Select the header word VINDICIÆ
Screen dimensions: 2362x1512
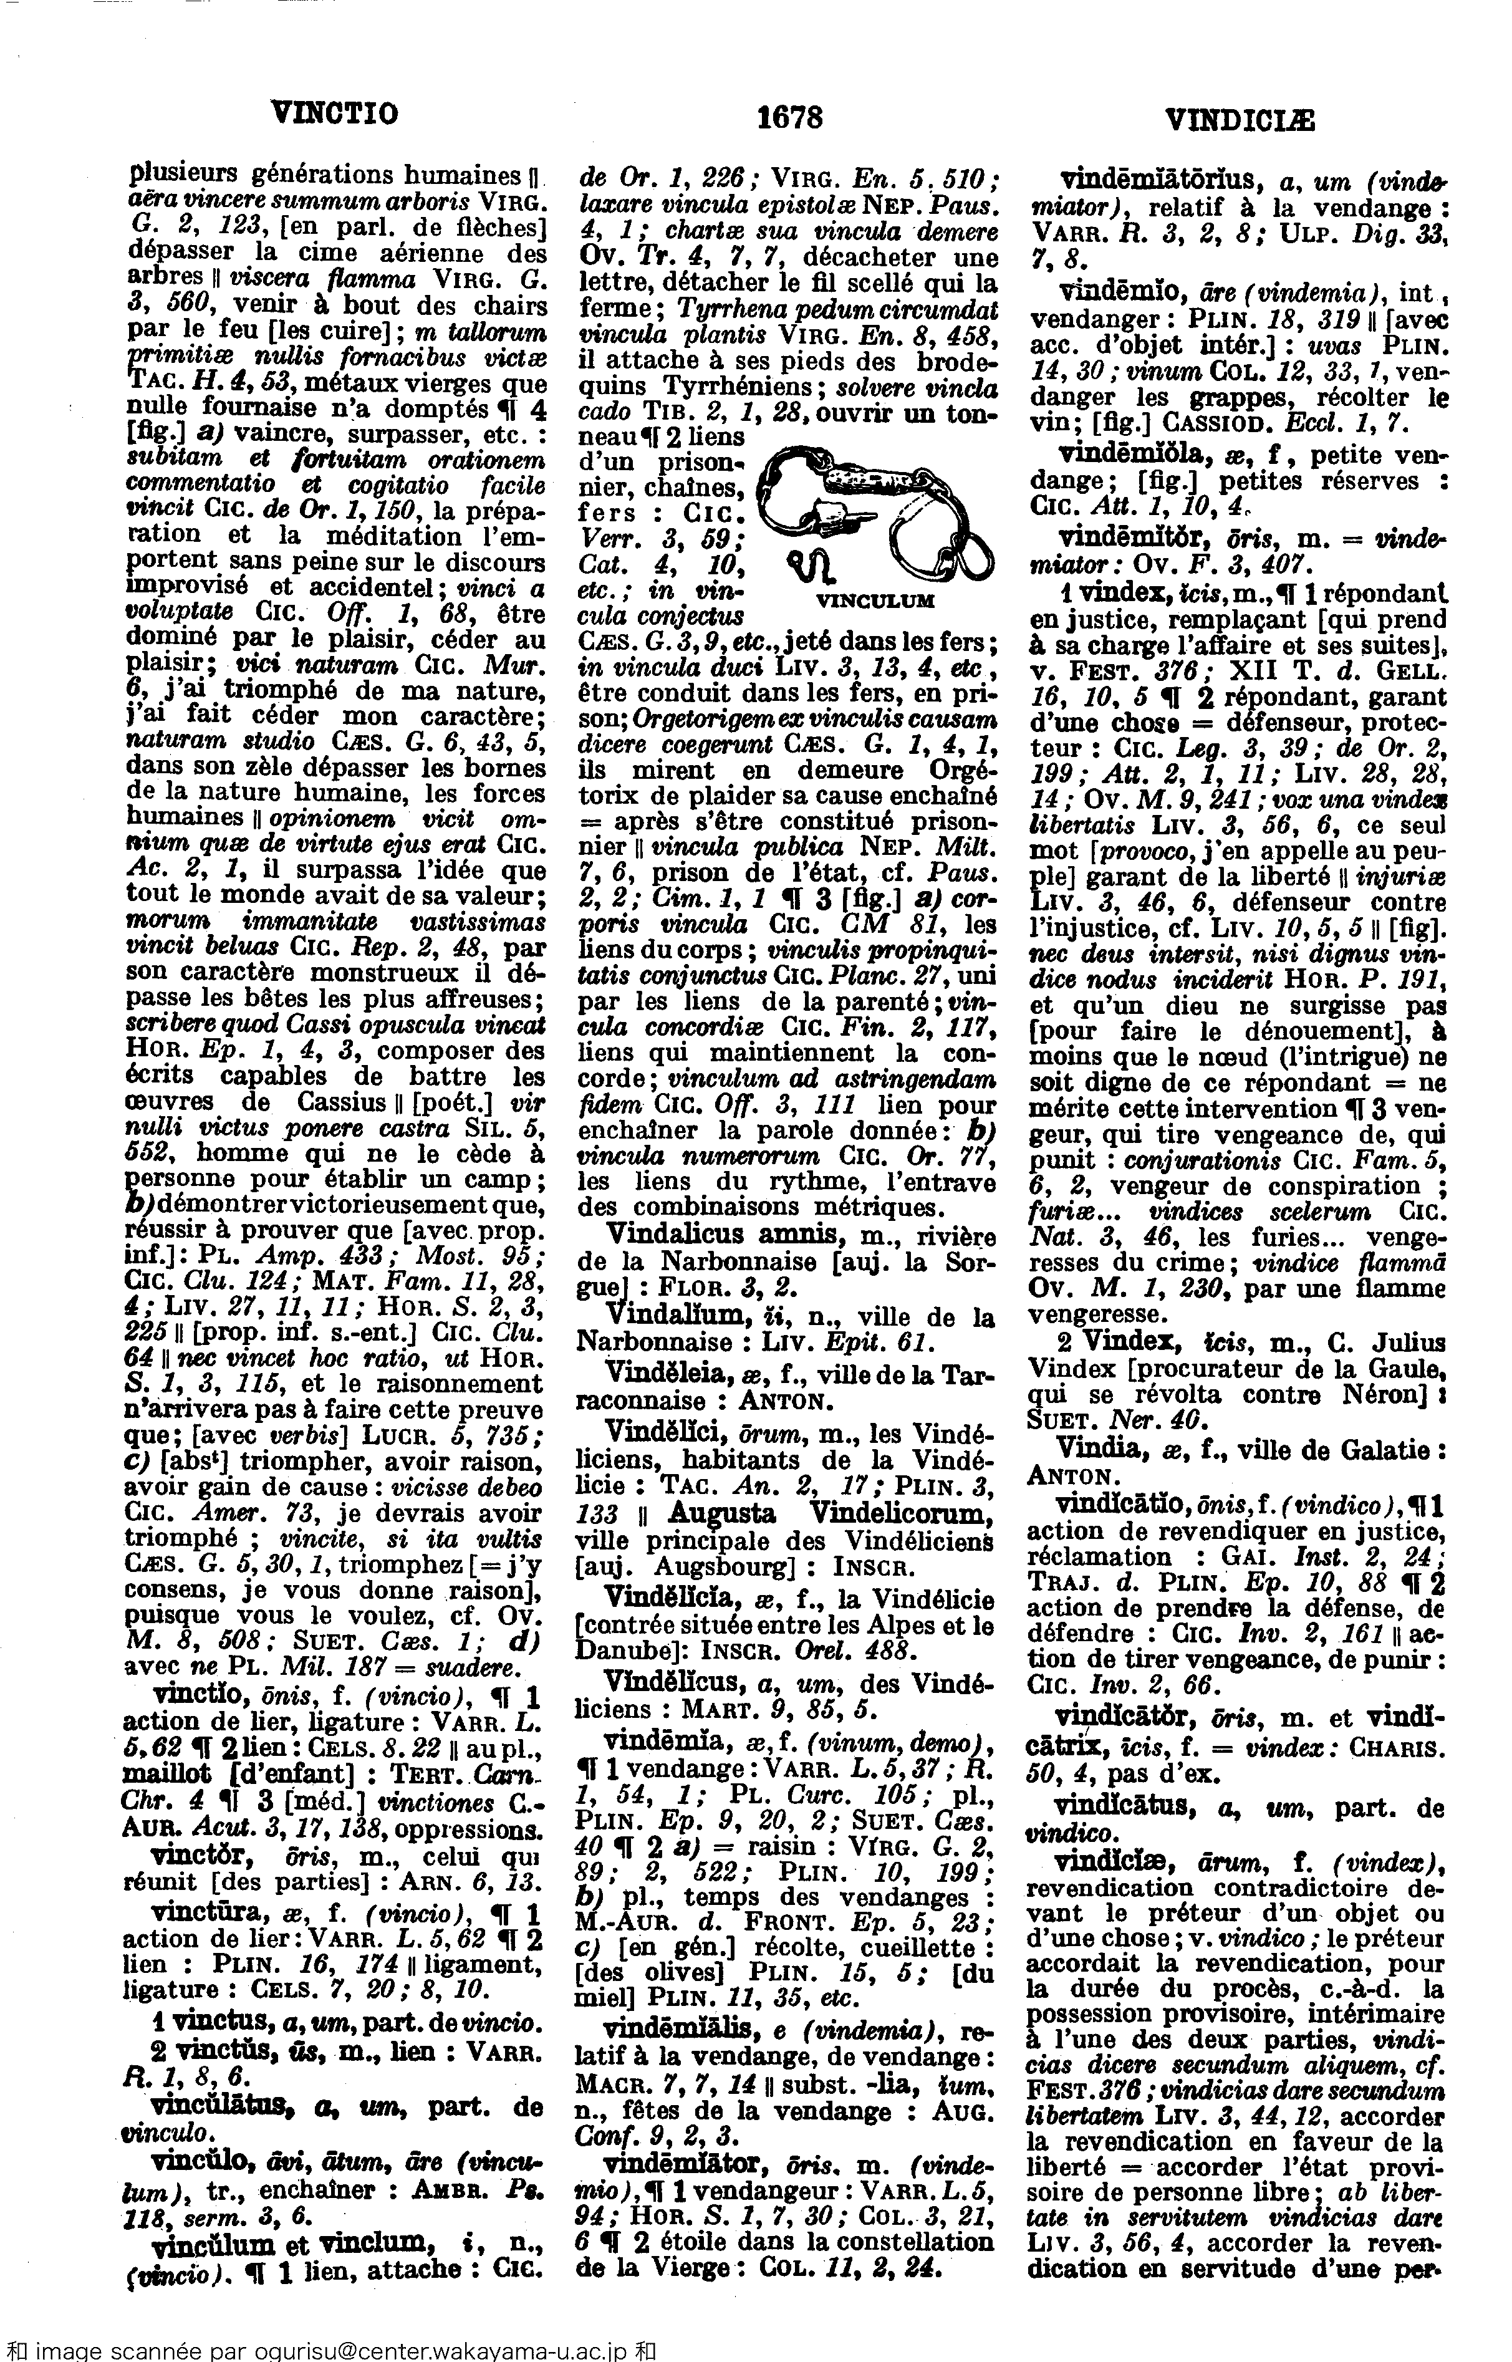coord(1239,119)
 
